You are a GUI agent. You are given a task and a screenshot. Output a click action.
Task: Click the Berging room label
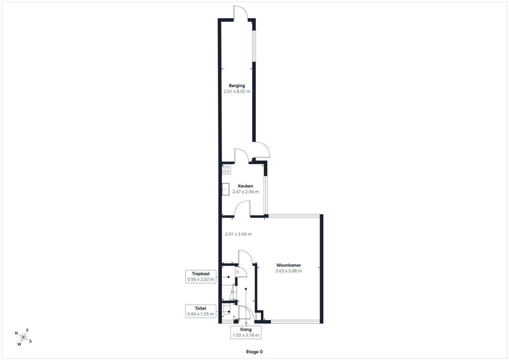[237, 86]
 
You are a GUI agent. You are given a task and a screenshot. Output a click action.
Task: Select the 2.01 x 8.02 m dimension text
[237, 91]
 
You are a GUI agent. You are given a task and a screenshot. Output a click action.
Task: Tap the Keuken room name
[245, 186]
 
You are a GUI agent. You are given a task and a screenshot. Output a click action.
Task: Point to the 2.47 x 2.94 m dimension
[245, 192]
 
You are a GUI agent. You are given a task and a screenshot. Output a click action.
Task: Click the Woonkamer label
[289, 265]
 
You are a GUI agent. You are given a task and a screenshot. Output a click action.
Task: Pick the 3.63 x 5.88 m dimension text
[289, 270]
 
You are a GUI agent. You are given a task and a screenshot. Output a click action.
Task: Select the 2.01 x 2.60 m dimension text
[238, 234]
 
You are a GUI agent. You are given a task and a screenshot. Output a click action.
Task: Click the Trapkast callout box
[201, 276]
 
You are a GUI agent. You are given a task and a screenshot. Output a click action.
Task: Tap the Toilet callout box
[201, 311]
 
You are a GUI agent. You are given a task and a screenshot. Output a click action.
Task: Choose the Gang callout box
[246, 332]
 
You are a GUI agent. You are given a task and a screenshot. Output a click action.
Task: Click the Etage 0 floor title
[254, 352]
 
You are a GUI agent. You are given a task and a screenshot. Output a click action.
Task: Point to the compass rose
[23, 337]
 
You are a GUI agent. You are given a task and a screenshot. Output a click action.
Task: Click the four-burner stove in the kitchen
[226, 169]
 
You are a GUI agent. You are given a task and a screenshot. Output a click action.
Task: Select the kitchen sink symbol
[225, 189]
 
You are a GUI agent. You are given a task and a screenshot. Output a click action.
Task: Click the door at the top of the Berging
[241, 13]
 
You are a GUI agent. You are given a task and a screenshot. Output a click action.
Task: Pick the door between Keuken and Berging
[242, 156]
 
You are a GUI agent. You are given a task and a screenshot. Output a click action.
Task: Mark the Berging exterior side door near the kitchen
[261, 150]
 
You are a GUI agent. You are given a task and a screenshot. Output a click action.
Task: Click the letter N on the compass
[16, 333]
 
